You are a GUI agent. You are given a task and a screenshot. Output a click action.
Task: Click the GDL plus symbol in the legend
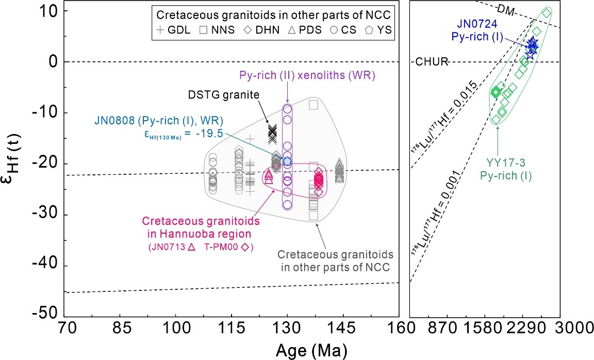[x=160, y=30]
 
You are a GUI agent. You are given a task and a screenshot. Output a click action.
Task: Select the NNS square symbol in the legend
[x=203, y=30]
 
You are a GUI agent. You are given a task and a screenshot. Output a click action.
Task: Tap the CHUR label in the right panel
[x=432, y=62]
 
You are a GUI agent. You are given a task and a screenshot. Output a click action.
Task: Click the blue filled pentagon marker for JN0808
[x=287, y=161]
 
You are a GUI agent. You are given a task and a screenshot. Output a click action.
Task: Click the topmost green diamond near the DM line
[x=547, y=12]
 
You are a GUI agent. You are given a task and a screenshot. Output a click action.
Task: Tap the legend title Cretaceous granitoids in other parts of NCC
[x=273, y=13]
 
